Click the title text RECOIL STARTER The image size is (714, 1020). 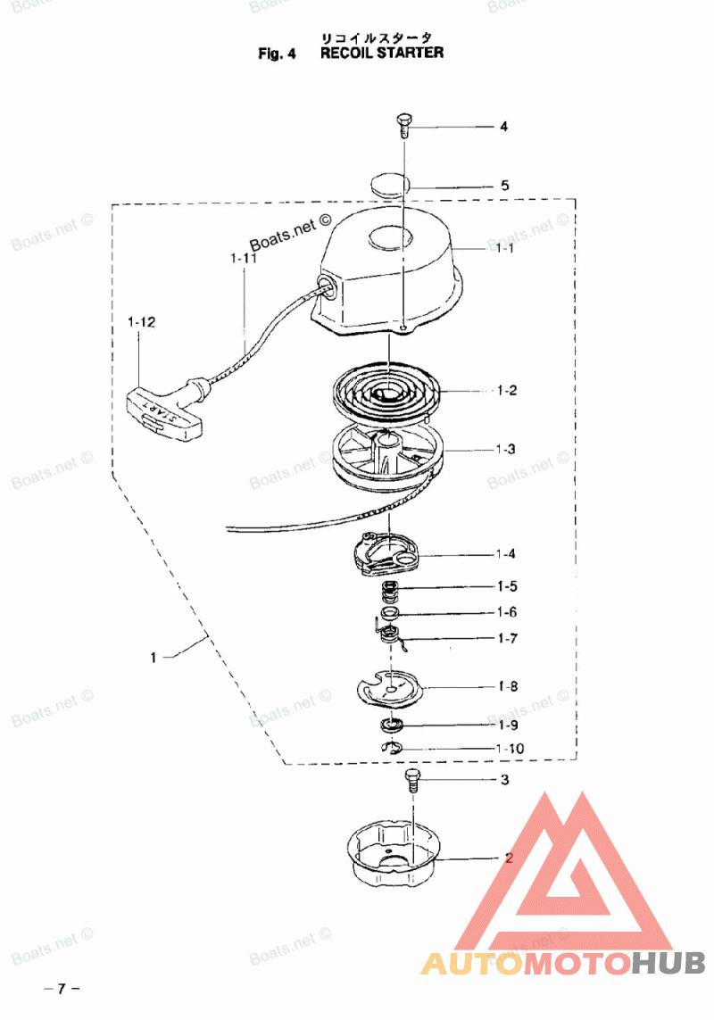[x=381, y=53]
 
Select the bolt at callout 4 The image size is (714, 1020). [x=403, y=125]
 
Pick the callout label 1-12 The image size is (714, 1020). [x=142, y=322]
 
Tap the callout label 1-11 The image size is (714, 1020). [x=243, y=259]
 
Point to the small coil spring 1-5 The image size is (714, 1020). [x=389, y=589]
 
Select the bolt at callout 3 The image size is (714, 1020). [x=412, y=779]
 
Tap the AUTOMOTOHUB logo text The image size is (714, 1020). [x=563, y=963]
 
